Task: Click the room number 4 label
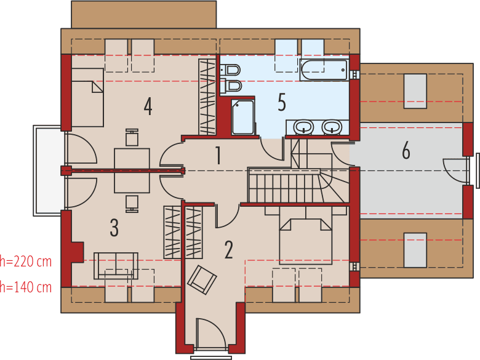[x=148, y=106]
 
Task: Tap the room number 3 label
[x=114, y=228]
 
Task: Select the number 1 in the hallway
[x=218, y=156]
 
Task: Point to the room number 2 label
[x=228, y=250]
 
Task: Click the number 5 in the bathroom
[x=282, y=103]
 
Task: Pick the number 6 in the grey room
[x=406, y=151]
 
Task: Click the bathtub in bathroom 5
[x=324, y=70]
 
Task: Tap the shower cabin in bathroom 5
[x=243, y=117]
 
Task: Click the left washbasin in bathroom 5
[x=303, y=127]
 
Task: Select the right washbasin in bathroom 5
[x=332, y=127]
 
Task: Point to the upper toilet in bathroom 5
[x=231, y=70]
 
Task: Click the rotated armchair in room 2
[x=202, y=279]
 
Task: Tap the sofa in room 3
[x=116, y=265]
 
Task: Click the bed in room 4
[x=87, y=97]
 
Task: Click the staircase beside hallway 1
[x=289, y=185]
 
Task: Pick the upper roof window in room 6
[x=415, y=91]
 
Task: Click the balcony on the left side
[x=49, y=170]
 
